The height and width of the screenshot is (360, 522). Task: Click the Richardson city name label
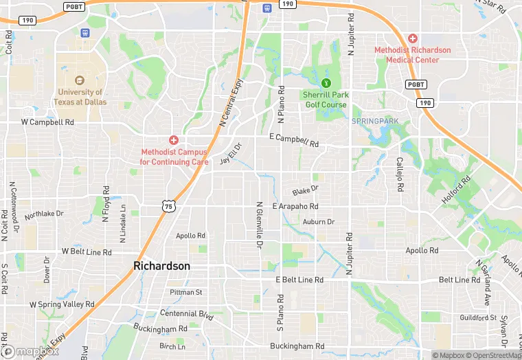tap(161, 266)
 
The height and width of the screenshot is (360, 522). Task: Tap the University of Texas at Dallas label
tap(80, 97)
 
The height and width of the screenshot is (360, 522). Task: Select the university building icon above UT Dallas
tap(80, 80)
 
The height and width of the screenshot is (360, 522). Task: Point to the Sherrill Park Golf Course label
tap(325, 100)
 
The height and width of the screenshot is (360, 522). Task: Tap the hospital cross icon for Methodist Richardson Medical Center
tap(412, 38)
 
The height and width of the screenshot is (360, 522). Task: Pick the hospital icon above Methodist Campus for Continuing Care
tap(174, 140)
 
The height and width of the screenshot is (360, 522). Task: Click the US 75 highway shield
tap(168, 205)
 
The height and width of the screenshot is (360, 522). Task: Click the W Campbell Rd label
tap(47, 122)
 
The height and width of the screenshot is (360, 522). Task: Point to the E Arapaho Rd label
tap(295, 206)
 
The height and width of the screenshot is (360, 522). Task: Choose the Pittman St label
tap(186, 292)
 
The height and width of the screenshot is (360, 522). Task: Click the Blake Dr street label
tap(305, 190)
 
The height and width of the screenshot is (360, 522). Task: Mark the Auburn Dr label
tap(318, 222)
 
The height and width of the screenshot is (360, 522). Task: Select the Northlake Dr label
tap(43, 215)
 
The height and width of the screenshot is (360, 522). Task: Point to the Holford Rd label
tap(456, 190)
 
